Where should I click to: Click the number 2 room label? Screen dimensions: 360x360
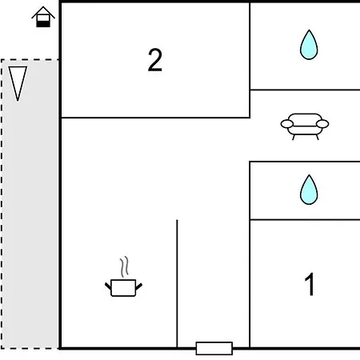click(155, 60)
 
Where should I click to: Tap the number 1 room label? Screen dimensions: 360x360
click(310, 284)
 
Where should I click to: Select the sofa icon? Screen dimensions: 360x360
click(305, 126)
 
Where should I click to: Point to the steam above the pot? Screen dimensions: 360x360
click(124, 266)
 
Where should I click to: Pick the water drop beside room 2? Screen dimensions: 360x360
click(309, 45)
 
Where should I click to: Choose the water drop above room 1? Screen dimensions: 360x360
click(309, 190)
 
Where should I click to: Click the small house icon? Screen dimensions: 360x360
click(43, 17)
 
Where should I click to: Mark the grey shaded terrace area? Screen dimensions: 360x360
click(30, 204)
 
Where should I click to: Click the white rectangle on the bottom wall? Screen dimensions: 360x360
click(214, 348)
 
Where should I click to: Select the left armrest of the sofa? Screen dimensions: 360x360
click(287, 124)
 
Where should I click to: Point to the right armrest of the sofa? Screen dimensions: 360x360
click(322, 124)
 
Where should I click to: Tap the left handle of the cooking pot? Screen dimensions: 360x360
click(108, 286)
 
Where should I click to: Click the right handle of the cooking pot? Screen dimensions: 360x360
click(139, 286)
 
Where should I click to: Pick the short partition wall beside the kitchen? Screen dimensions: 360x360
click(177, 284)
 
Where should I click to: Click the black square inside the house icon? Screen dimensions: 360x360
click(43, 24)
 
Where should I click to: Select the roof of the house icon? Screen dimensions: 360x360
click(43, 12)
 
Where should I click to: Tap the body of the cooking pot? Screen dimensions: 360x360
click(123, 288)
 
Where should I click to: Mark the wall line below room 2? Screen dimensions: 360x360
click(155, 118)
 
